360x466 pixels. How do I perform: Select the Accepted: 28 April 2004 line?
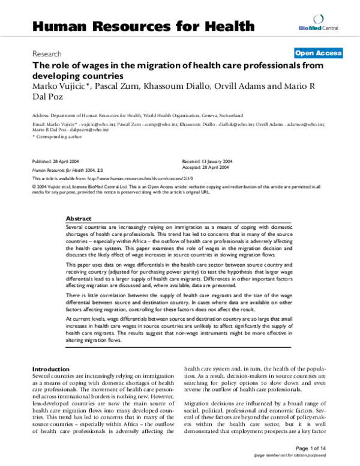point(205,168)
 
